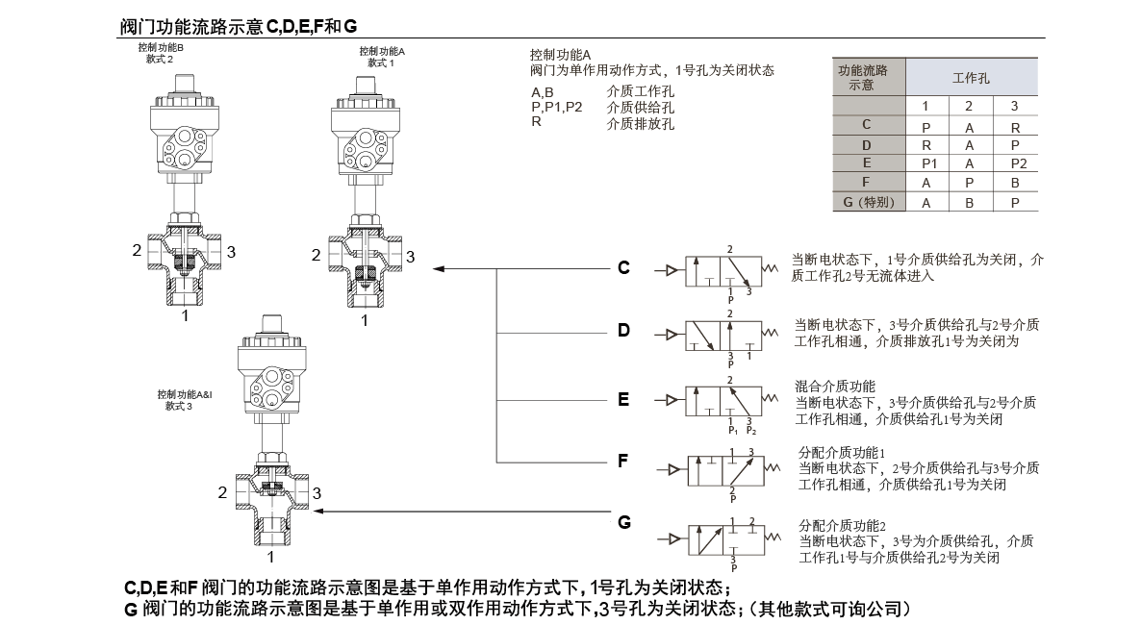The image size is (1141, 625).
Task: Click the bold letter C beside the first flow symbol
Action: (623, 267)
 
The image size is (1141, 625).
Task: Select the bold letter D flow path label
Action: (623, 331)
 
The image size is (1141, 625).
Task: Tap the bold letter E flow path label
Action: (623, 399)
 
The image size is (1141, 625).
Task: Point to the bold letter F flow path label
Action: (623, 461)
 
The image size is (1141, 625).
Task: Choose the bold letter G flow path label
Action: (624, 523)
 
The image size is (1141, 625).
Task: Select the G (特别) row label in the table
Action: (868, 202)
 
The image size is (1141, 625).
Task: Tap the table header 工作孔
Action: (971, 78)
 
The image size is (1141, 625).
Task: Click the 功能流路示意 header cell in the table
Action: (862, 77)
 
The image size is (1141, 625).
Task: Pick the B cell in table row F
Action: (1014, 182)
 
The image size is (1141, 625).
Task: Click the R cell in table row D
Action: (926, 145)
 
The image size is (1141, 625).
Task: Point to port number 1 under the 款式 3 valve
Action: (271, 556)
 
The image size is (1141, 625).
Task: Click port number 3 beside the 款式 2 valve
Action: (231, 251)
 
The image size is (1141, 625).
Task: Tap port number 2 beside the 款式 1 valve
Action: (316, 256)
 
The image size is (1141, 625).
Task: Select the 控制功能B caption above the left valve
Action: (161, 47)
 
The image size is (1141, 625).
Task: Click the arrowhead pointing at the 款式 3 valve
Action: (321, 512)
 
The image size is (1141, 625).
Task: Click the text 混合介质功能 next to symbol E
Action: (835, 386)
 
